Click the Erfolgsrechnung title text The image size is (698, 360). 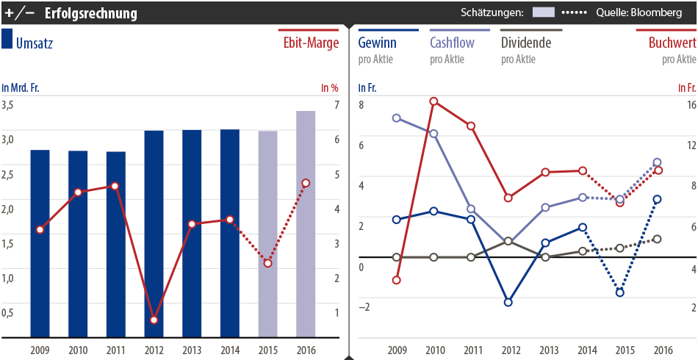pos(90,12)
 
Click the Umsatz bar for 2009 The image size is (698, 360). pos(40,243)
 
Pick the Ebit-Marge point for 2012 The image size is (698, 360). pos(154,320)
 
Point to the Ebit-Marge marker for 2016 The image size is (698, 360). pos(306,183)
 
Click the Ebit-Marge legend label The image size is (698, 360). pos(311,43)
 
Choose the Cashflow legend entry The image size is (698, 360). pos(452,43)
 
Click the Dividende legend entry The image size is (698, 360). pos(525,43)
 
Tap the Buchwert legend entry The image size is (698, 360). pos(672,43)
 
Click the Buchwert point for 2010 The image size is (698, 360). pos(434,101)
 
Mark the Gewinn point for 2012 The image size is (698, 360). pos(508,302)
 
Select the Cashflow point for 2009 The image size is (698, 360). pos(397,118)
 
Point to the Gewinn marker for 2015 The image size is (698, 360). pos(620,292)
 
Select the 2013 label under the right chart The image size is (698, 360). pos(546,350)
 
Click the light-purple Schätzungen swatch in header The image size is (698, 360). pos(543,12)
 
